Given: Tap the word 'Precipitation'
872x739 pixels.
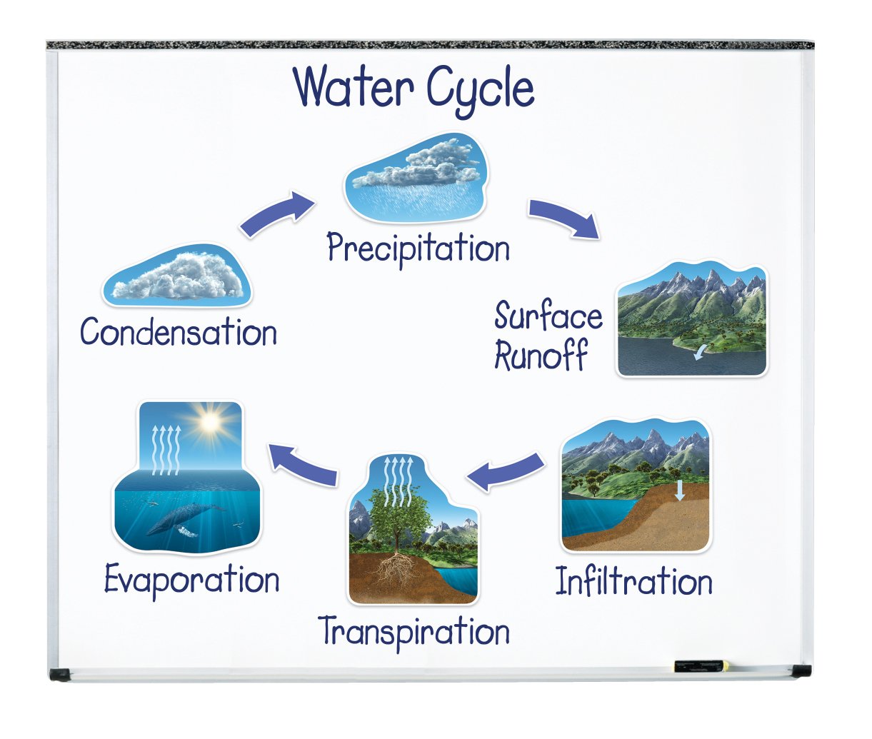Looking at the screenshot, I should (x=419, y=249).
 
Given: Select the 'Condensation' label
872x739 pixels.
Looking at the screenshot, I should (x=179, y=333).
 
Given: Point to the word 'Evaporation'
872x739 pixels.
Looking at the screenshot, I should (x=191, y=580).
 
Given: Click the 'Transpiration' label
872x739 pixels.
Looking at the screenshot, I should (x=414, y=632).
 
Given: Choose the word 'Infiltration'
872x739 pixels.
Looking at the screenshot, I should (x=634, y=582).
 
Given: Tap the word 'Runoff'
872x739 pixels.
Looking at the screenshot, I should (x=541, y=355).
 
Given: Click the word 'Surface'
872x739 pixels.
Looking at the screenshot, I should (x=548, y=316).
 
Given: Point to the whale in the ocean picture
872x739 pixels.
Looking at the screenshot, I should (x=182, y=517).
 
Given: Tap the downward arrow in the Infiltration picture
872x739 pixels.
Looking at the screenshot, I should (x=680, y=490).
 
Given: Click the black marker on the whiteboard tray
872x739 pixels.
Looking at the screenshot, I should (x=701, y=666).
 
